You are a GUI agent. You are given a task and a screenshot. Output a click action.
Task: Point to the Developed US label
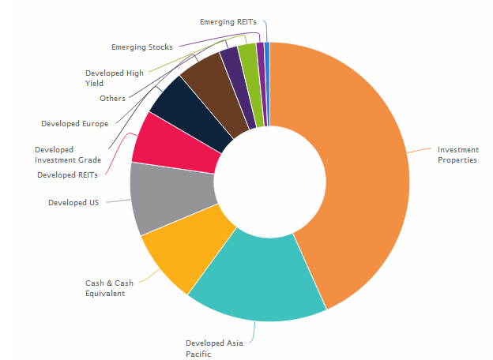pos(73,203)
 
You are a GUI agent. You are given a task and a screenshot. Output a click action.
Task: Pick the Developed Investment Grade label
pos(66,154)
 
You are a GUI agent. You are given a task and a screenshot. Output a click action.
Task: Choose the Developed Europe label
pos(74,123)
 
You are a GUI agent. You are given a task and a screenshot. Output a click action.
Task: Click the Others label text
pos(111,98)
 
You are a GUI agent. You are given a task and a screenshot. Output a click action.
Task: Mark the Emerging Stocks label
pos(141,47)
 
